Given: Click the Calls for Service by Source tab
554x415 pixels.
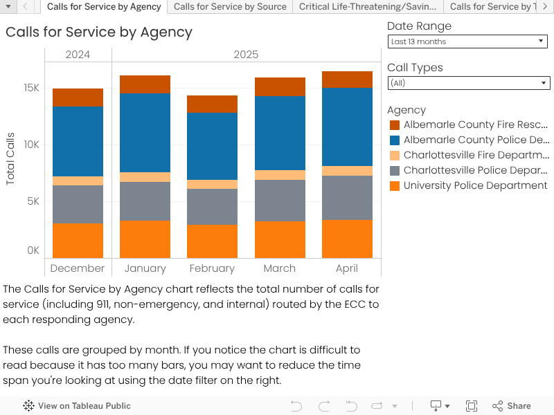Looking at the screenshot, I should (230, 7).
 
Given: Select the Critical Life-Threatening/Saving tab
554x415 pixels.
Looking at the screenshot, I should (368, 7).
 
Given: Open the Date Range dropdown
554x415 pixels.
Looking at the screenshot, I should (468, 41).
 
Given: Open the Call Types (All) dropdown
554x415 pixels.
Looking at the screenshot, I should (468, 83).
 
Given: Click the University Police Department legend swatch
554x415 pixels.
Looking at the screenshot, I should (395, 185).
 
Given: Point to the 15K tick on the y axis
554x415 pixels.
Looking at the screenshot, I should (32, 88).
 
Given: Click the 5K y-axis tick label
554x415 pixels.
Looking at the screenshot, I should (32, 201).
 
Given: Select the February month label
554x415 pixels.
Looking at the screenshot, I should (212, 268).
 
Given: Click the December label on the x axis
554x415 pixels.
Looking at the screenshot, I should (78, 268).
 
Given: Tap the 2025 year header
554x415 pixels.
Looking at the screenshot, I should (246, 55).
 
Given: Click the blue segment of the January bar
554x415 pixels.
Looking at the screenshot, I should (145, 133).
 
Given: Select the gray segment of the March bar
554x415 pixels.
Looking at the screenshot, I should (280, 201).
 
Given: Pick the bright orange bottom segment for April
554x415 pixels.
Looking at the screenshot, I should (347, 239).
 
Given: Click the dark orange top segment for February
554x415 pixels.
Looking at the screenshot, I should (212, 104).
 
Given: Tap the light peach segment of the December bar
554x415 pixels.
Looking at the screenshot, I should (78, 181).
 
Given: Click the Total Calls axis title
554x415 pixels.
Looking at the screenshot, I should (10, 158).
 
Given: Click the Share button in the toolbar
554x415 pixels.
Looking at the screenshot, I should (512, 406).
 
